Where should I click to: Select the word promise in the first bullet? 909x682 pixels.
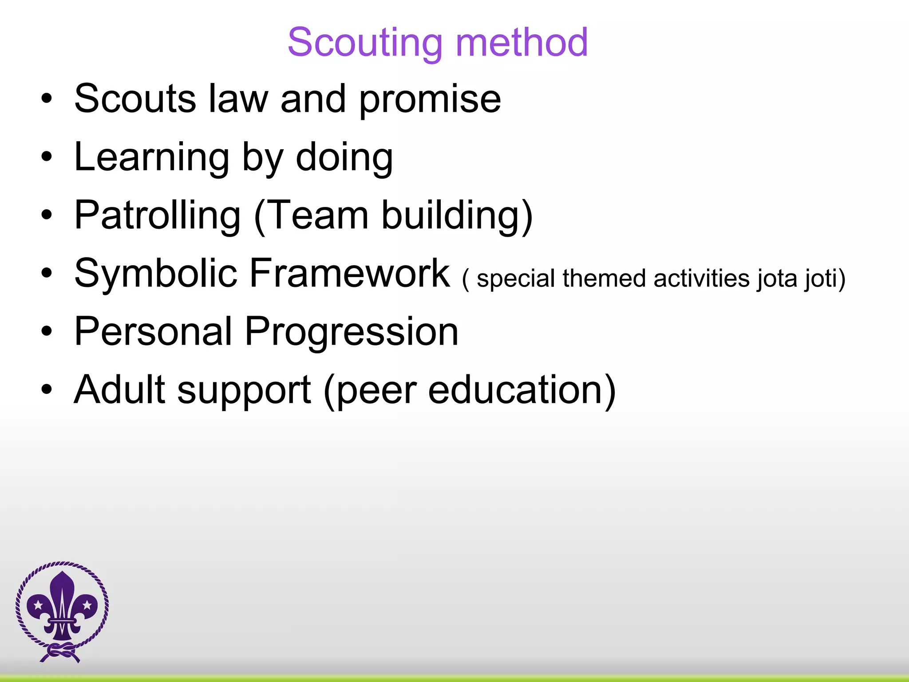point(430,99)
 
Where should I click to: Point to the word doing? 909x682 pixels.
point(344,158)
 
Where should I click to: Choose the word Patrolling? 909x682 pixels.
point(157,216)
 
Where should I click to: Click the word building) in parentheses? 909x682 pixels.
point(457,216)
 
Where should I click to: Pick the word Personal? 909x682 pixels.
point(153,332)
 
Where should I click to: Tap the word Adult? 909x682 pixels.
point(119,389)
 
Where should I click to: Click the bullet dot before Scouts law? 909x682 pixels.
point(47,99)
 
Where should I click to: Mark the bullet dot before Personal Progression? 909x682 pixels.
point(47,332)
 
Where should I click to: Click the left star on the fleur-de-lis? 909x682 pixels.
point(38,604)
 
